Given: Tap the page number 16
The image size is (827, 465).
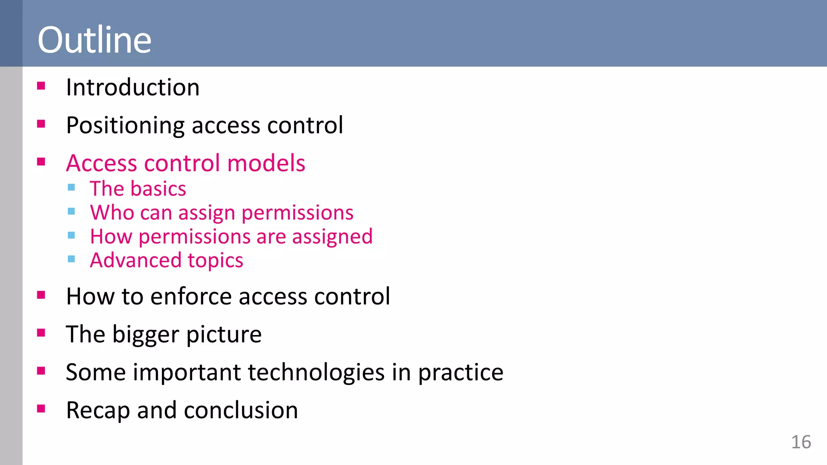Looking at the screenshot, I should click(x=801, y=442).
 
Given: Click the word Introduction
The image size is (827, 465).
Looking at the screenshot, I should click(x=132, y=88).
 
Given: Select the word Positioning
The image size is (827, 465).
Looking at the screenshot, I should click(x=125, y=126).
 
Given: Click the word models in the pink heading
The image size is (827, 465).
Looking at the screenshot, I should click(x=266, y=163).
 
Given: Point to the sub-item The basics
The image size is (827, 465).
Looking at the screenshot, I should click(x=138, y=189).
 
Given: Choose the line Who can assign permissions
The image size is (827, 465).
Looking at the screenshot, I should click(x=221, y=213).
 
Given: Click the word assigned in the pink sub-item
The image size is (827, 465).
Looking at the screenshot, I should click(x=332, y=237).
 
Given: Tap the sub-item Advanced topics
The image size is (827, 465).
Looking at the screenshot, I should click(x=166, y=260).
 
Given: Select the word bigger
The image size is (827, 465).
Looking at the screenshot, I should click(x=145, y=335).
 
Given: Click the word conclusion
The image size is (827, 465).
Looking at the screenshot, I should click(x=241, y=411).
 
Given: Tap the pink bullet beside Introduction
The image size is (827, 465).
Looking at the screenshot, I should click(x=41, y=86).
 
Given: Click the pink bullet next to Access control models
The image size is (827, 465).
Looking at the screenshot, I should click(x=41, y=162).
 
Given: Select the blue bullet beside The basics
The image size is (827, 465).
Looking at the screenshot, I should click(x=71, y=187).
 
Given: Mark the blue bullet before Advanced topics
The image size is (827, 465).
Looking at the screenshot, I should click(x=71, y=259).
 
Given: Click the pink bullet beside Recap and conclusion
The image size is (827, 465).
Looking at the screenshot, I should click(x=41, y=409).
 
